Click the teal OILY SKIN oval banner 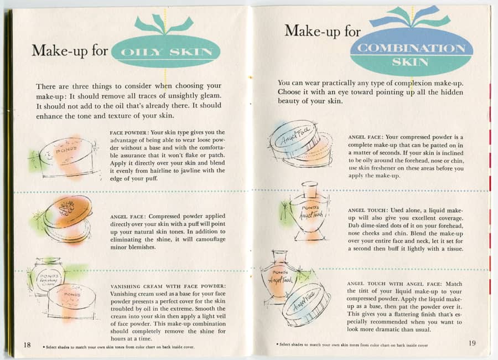click(x=165, y=52)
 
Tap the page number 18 click(x=27, y=344)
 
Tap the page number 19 click(x=471, y=343)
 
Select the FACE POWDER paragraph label click(x=127, y=132)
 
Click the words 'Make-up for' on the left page click(x=70, y=50)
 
